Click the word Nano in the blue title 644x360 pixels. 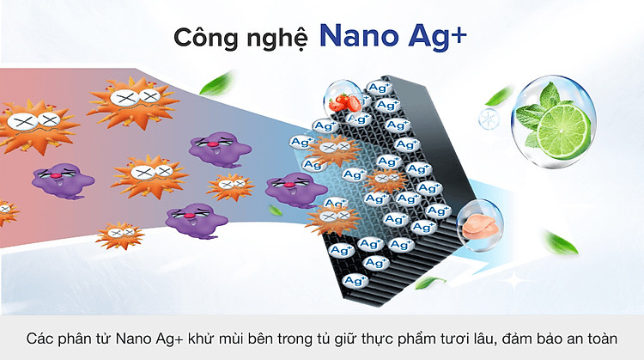(359, 36)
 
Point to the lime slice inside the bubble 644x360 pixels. (563, 131)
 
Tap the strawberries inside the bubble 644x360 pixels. (345, 103)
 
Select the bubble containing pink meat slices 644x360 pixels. (480, 225)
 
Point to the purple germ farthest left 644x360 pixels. (63, 180)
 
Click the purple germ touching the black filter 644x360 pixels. (295, 190)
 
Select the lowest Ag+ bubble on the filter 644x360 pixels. (355, 281)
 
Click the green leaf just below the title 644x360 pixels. (216, 83)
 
